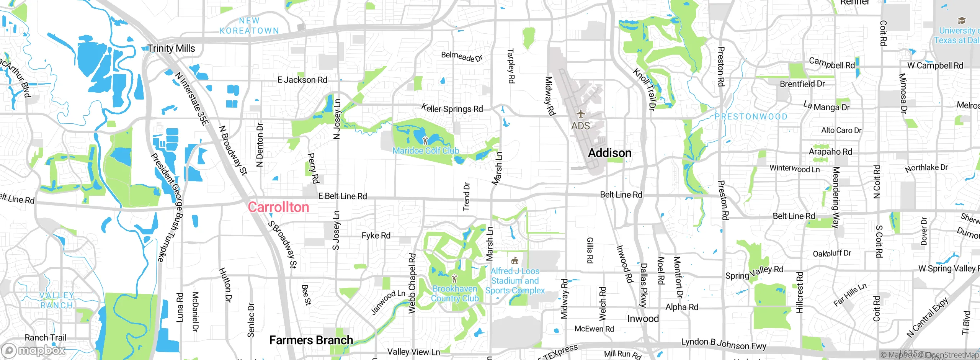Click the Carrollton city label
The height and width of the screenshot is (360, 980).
click(x=278, y=207)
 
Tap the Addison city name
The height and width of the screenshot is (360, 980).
click(x=609, y=153)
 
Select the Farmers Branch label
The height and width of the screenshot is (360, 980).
click(x=311, y=340)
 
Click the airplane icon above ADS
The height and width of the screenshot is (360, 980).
click(x=581, y=114)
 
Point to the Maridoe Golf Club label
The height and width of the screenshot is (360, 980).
click(x=426, y=151)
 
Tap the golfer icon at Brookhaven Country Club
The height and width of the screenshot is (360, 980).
click(x=454, y=278)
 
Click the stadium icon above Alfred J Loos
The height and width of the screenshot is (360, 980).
click(x=515, y=261)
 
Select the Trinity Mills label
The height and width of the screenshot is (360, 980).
click(x=171, y=49)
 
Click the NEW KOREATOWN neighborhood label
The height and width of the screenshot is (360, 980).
click(x=249, y=26)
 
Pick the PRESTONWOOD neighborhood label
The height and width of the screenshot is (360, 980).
click(x=751, y=116)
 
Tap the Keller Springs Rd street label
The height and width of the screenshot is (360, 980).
click(x=452, y=108)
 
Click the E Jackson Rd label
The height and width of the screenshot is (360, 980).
click(x=302, y=80)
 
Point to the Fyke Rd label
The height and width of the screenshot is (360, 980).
click(x=376, y=236)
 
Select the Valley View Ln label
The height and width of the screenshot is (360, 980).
click(x=413, y=352)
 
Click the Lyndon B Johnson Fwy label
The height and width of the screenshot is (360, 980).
click(x=724, y=344)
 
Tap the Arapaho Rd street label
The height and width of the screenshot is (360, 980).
click(x=830, y=152)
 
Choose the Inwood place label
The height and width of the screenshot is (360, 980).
click(x=643, y=319)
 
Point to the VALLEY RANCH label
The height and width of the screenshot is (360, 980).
click(x=57, y=300)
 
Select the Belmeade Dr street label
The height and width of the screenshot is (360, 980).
click(x=462, y=57)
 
